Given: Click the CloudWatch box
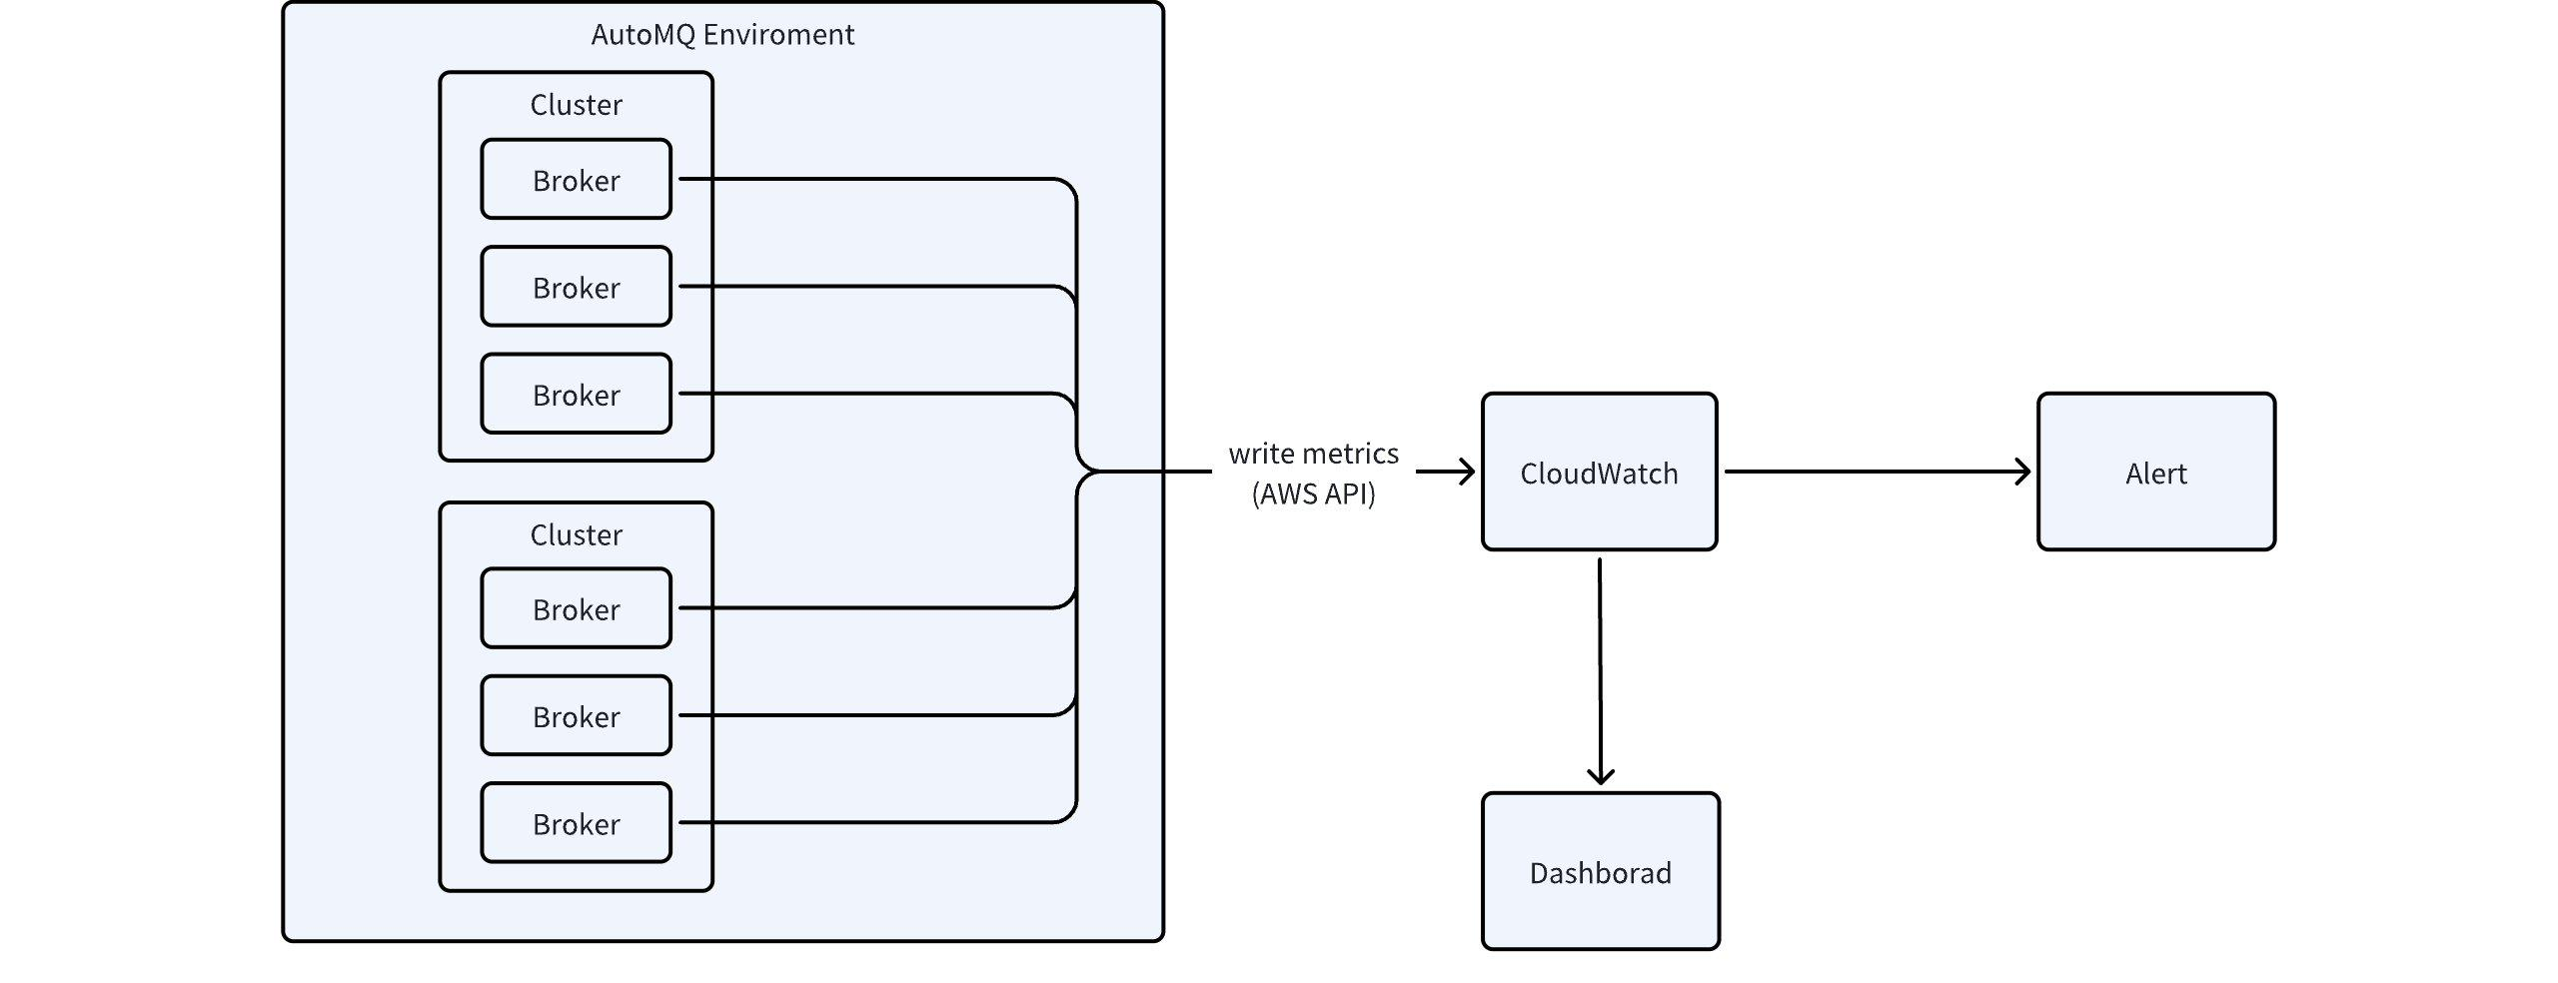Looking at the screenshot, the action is coord(1599,472).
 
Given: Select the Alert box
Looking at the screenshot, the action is coord(2156,472).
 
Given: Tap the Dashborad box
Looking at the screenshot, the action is coord(1600,871).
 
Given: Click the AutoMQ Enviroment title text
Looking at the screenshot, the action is coord(722,35).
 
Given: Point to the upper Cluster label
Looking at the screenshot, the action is coord(576,105).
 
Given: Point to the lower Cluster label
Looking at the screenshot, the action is coord(576,534).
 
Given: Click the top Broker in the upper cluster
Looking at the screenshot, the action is coord(576,179).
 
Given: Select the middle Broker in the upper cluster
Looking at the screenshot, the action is coord(576,287).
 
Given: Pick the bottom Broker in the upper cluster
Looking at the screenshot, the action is coord(576,394).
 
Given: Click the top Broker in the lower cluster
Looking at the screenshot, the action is coord(576,608).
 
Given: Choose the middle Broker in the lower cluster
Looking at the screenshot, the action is coord(576,715).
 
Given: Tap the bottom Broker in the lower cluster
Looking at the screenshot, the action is coord(576,823).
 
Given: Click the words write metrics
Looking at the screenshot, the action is coord(1313,454).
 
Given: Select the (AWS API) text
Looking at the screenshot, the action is coord(1313,493).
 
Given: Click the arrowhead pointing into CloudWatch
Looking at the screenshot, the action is coord(1467,472).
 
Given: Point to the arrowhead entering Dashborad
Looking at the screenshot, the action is coord(1601,775).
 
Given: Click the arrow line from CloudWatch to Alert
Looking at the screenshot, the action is coord(1878,472).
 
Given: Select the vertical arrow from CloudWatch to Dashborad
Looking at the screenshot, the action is coord(1600,671).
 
